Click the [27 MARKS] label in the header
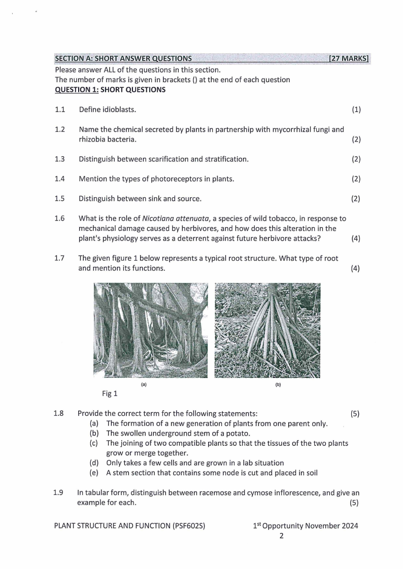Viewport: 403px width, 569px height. coord(349,58)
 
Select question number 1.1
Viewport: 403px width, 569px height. coord(60,110)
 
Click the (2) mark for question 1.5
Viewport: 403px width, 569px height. coord(356,198)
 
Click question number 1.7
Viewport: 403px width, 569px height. coord(60,258)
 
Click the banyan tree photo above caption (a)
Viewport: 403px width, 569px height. coord(150,330)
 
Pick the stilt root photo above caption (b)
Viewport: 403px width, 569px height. coord(267,330)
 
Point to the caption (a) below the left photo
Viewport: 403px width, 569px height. coord(144,384)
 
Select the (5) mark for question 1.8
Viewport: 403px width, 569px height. coord(355,413)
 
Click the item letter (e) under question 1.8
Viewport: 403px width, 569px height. coord(94,473)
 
